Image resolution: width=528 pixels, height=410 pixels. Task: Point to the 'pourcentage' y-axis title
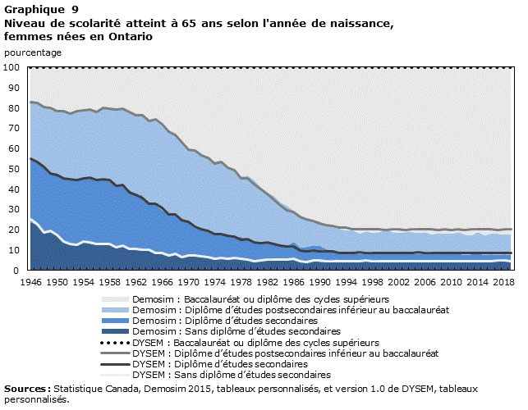click(32, 52)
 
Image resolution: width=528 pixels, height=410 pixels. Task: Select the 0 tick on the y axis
click(16, 271)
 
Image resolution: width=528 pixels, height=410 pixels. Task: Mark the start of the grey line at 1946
click(30, 102)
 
